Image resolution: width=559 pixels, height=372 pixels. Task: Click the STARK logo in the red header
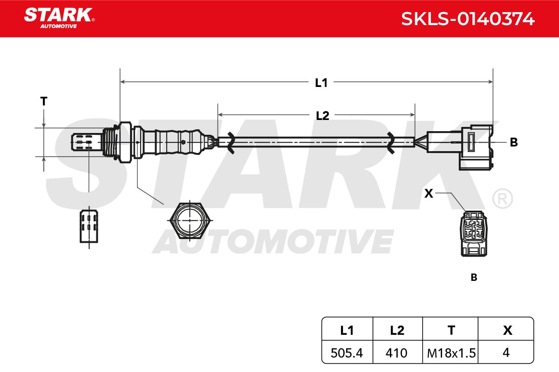(59, 18)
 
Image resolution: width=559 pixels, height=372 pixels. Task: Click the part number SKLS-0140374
(468, 19)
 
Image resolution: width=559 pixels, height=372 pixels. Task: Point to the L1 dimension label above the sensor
(321, 83)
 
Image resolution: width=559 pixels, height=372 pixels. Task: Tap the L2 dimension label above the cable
(322, 116)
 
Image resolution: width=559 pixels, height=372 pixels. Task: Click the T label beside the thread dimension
(44, 101)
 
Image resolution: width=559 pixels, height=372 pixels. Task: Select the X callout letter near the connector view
(429, 193)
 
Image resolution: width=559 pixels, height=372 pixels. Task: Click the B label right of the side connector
(513, 142)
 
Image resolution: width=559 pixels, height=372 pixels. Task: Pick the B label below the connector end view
(474, 277)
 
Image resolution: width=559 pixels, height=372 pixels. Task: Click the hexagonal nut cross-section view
(190, 221)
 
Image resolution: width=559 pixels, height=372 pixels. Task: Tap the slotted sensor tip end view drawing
(89, 226)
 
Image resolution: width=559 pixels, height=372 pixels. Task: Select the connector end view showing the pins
(473, 233)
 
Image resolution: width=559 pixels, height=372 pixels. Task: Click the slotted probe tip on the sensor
(87, 142)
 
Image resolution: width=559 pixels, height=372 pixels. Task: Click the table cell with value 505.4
(347, 352)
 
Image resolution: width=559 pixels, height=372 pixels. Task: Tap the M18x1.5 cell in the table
(450, 352)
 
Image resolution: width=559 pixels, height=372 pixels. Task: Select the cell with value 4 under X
(506, 352)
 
